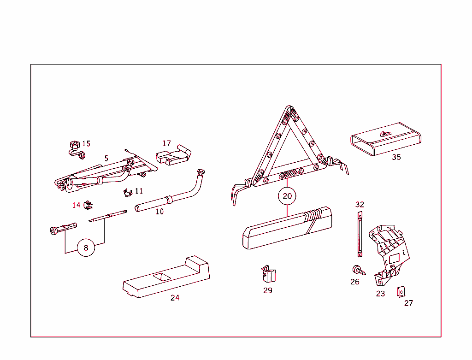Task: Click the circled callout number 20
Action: (287, 196)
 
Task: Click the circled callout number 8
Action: (86, 248)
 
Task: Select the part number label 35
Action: (396, 157)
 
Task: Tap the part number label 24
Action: (175, 298)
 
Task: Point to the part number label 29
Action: (268, 290)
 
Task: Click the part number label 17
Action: (166, 143)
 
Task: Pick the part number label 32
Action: (360, 205)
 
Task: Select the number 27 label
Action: (409, 303)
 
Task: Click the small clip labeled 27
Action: (401, 292)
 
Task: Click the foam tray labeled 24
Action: (166, 278)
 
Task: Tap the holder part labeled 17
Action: (174, 155)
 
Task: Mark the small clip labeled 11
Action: (127, 192)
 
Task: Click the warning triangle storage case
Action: (286, 229)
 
